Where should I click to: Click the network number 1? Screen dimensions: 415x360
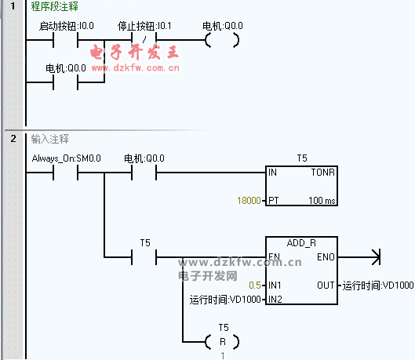(x=13, y=5)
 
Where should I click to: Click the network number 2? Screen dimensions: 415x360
(x=13, y=138)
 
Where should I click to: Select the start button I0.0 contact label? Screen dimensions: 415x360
(x=67, y=26)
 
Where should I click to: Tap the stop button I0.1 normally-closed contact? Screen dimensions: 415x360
(x=144, y=40)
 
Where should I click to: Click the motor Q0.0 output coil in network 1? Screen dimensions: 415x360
(x=222, y=40)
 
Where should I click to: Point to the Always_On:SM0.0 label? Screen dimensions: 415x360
(x=67, y=158)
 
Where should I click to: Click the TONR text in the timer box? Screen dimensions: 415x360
(x=323, y=173)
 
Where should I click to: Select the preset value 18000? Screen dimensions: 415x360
(x=249, y=201)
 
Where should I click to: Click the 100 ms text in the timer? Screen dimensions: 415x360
(x=322, y=201)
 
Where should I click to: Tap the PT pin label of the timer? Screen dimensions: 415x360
(x=274, y=201)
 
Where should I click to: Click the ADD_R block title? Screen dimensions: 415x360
(x=301, y=243)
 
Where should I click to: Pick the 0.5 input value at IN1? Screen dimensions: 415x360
(x=255, y=285)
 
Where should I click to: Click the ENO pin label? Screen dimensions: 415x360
(x=326, y=256)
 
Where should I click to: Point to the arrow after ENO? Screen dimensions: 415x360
(x=359, y=256)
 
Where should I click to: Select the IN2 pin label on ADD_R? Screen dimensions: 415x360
(x=275, y=300)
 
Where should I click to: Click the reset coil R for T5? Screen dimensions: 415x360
(x=222, y=342)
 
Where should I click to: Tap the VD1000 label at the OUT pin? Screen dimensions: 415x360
(x=378, y=285)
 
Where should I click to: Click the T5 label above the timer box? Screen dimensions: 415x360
(x=302, y=158)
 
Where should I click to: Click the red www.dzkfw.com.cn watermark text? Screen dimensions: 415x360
(x=136, y=68)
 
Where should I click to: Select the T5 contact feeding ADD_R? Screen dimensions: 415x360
(x=144, y=256)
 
